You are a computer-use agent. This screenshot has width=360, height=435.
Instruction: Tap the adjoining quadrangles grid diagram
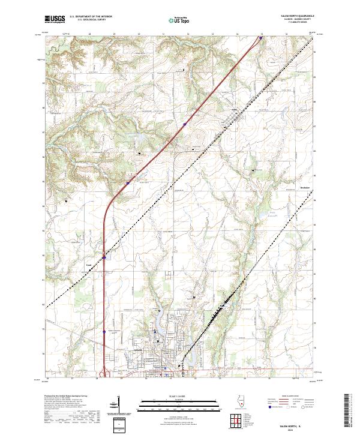(x=236, y=419)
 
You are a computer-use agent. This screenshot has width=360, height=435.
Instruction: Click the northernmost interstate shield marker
(x=261, y=38)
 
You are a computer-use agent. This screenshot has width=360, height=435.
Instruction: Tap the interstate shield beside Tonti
(x=104, y=258)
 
